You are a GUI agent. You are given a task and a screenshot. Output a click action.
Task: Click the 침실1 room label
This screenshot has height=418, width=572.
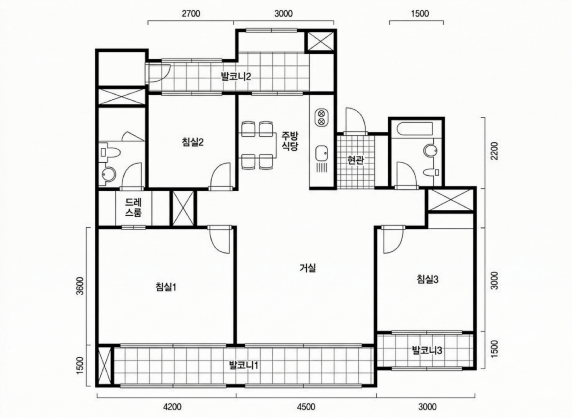(x=166, y=287)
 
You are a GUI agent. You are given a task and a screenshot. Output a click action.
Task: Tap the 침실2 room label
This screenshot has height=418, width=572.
(x=193, y=142)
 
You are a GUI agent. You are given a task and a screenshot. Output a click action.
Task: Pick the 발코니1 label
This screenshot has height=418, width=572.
(x=243, y=365)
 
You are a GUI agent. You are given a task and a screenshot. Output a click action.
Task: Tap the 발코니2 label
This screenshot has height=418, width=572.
(x=236, y=76)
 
